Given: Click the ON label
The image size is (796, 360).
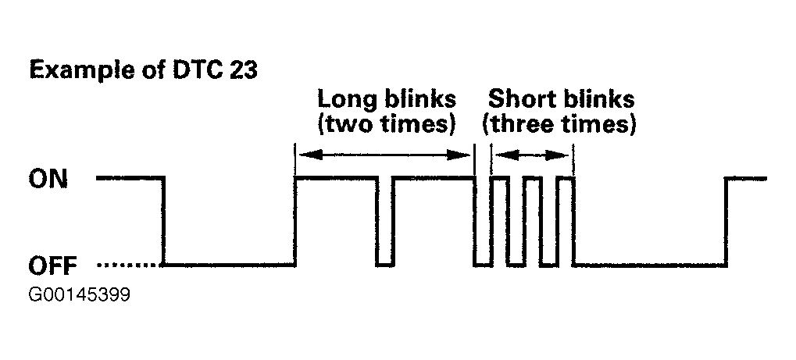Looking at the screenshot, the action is (x=48, y=180).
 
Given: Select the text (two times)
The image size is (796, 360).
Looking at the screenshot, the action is (x=386, y=124).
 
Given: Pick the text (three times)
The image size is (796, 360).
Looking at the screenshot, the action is (x=559, y=124).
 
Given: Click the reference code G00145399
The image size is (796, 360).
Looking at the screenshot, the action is (x=79, y=295).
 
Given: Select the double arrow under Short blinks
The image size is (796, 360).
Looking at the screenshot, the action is (x=532, y=155).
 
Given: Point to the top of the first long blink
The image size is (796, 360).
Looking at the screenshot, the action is (x=336, y=178).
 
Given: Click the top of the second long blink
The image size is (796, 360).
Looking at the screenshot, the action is (x=434, y=178).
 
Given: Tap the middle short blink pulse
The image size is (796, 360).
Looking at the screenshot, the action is (x=533, y=221).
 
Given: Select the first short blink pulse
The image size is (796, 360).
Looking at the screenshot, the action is (x=499, y=221).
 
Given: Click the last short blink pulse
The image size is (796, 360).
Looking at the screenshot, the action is (x=566, y=221).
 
